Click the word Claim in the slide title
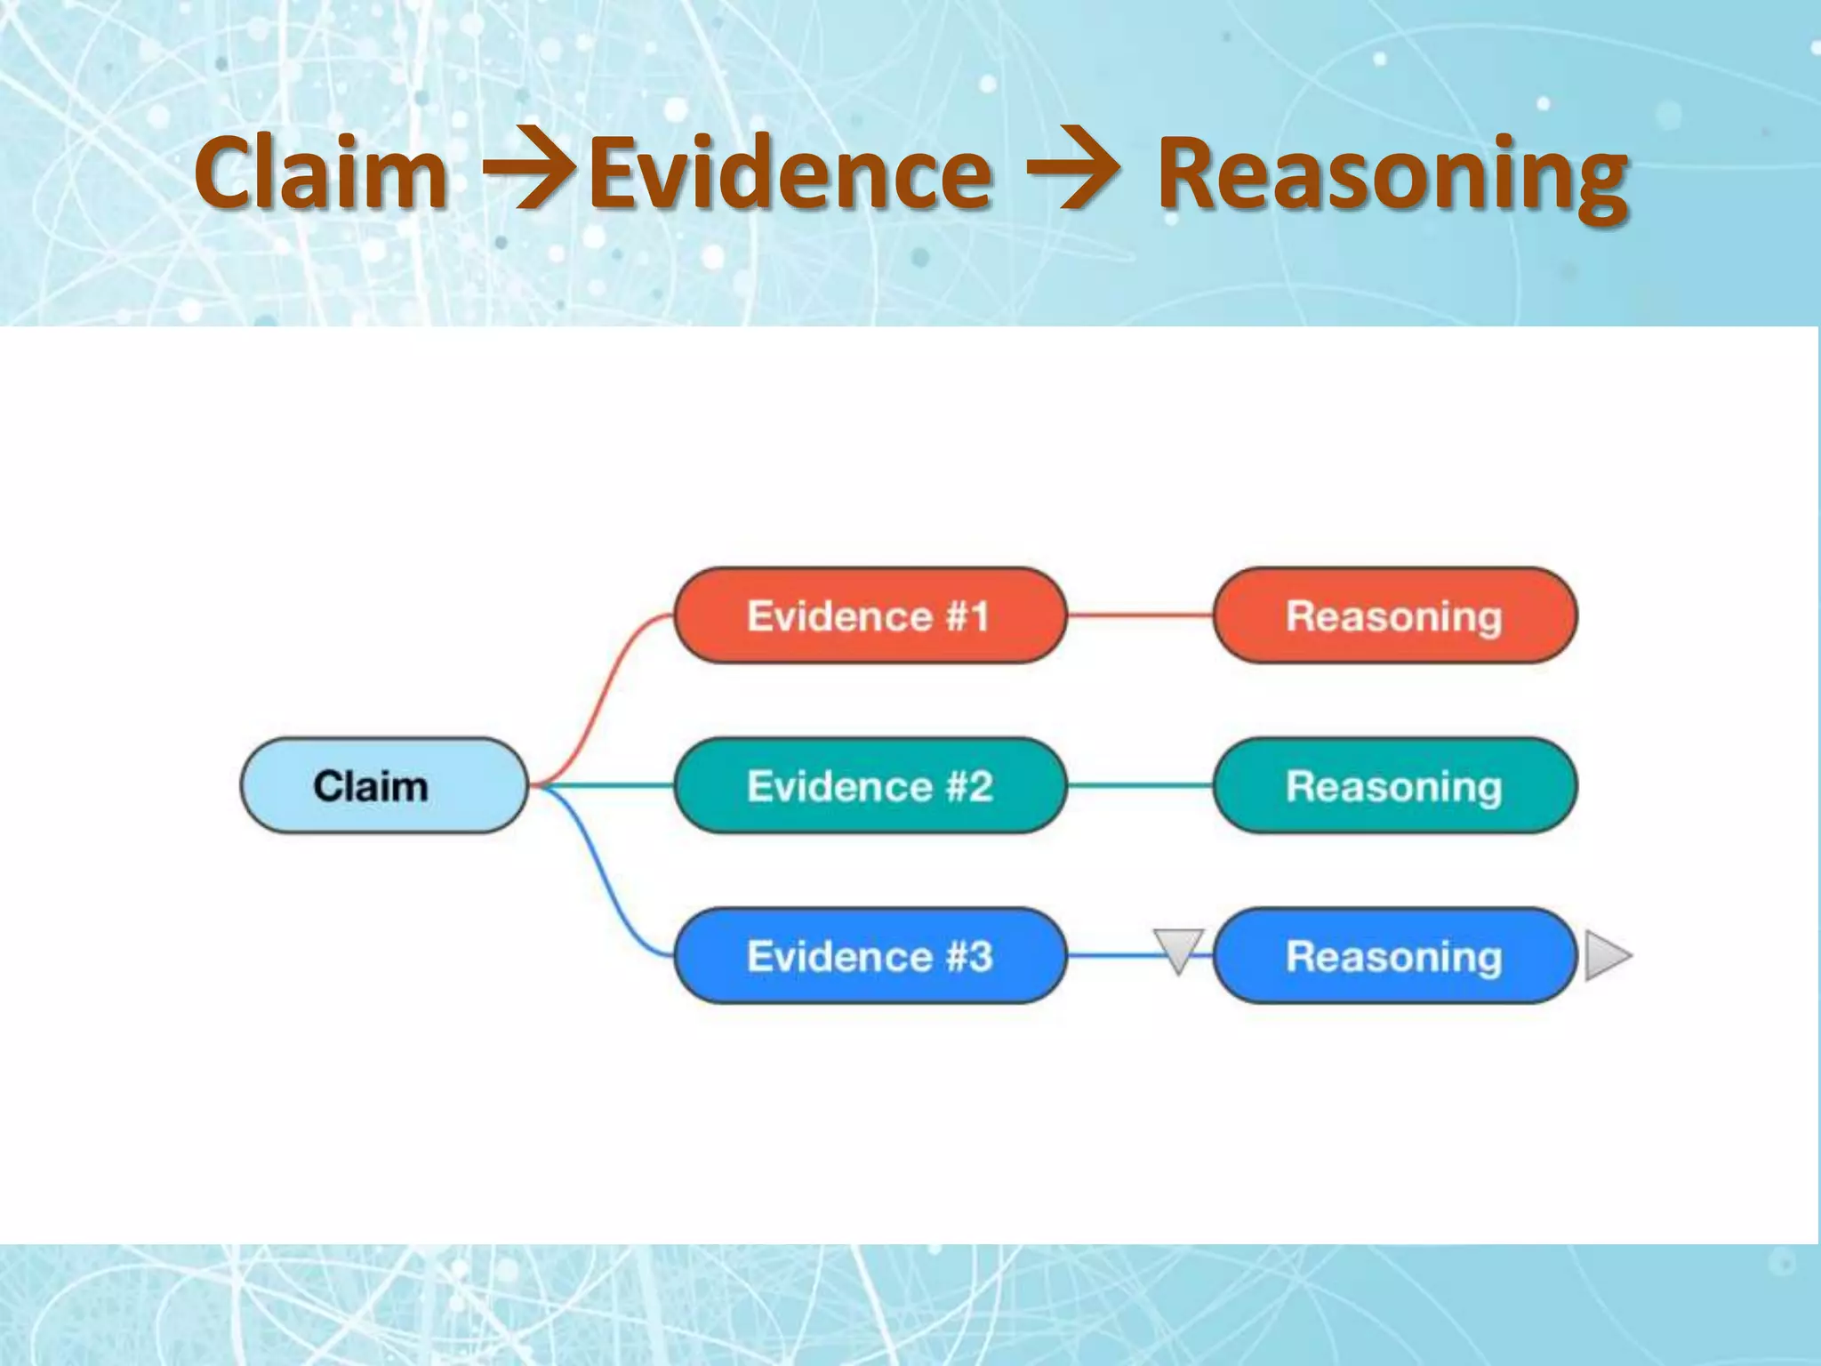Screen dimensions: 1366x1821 click(x=321, y=173)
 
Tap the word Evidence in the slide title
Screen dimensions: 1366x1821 click(x=790, y=173)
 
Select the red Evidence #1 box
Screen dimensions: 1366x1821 click(x=870, y=615)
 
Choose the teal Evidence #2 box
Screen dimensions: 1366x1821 click(x=870, y=786)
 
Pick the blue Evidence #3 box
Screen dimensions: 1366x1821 click(x=870, y=956)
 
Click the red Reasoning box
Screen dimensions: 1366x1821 click(x=1394, y=615)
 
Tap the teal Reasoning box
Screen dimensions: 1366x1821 click(x=1394, y=786)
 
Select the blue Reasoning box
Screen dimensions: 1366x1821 click(x=1394, y=956)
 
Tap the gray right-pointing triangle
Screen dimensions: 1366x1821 click(x=1606, y=956)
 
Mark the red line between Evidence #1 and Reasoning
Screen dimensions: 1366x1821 click(x=1140, y=615)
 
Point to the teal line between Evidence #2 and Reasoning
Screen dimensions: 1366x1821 click(x=1140, y=786)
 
